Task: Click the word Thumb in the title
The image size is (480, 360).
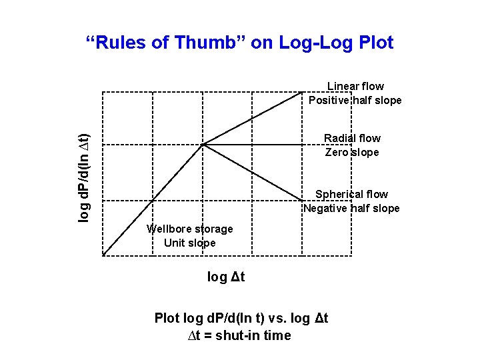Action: (x=203, y=43)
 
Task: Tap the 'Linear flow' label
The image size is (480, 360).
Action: (x=355, y=86)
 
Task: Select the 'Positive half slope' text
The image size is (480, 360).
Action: (x=355, y=101)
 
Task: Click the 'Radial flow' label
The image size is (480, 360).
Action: (x=352, y=138)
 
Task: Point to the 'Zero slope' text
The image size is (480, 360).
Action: (x=352, y=152)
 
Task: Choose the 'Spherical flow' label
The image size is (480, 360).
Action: (x=351, y=194)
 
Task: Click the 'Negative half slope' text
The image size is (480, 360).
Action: (x=351, y=208)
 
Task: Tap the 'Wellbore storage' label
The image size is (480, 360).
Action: (x=190, y=229)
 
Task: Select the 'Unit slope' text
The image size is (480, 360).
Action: (x=190, y=243)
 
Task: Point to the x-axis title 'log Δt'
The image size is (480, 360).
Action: (x=226, y=277)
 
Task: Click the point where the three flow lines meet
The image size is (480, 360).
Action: (x=203, y=144)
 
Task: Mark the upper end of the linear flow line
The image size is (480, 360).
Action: (x=303, y=92)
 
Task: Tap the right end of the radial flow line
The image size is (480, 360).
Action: (x=303, y=144)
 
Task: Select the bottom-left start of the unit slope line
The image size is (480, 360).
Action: (x=103, y=255)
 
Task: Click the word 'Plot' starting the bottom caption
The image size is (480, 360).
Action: (x=167, y=318)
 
